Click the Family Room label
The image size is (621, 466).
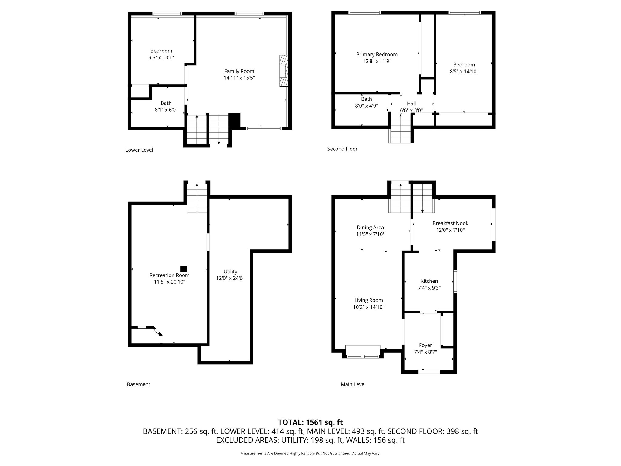click(x=239, y=71)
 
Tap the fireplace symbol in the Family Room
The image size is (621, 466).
click(x=284, y=71)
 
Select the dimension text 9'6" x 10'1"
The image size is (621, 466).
click(x=161, y=58)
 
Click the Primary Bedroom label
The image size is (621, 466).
click(x=377, y=55)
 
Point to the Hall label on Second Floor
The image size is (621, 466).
click(x=411, y=103)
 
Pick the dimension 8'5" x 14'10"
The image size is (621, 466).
click(x=464, y=72)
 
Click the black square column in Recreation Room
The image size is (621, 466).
click(x=184, y=269)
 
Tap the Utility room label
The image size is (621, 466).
click(x=230, y=272)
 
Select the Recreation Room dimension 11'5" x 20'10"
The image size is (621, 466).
click(x=169, y=282)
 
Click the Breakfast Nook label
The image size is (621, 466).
click(x=450, y=223)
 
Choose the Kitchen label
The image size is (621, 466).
click(x=429, y=281)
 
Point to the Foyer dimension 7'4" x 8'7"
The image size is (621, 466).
click(x=425, y=352)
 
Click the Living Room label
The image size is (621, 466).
click(x=368, y=300)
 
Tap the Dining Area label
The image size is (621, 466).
click(x=370, y=228)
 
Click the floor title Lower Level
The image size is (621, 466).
click(x=139, y=150)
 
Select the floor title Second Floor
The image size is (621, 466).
click(x=342, y=149)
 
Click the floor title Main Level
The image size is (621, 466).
click(x=353, y=384)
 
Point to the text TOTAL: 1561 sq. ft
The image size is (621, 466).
click(x=310, y=422)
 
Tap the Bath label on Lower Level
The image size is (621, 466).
click(x=166, y=103)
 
